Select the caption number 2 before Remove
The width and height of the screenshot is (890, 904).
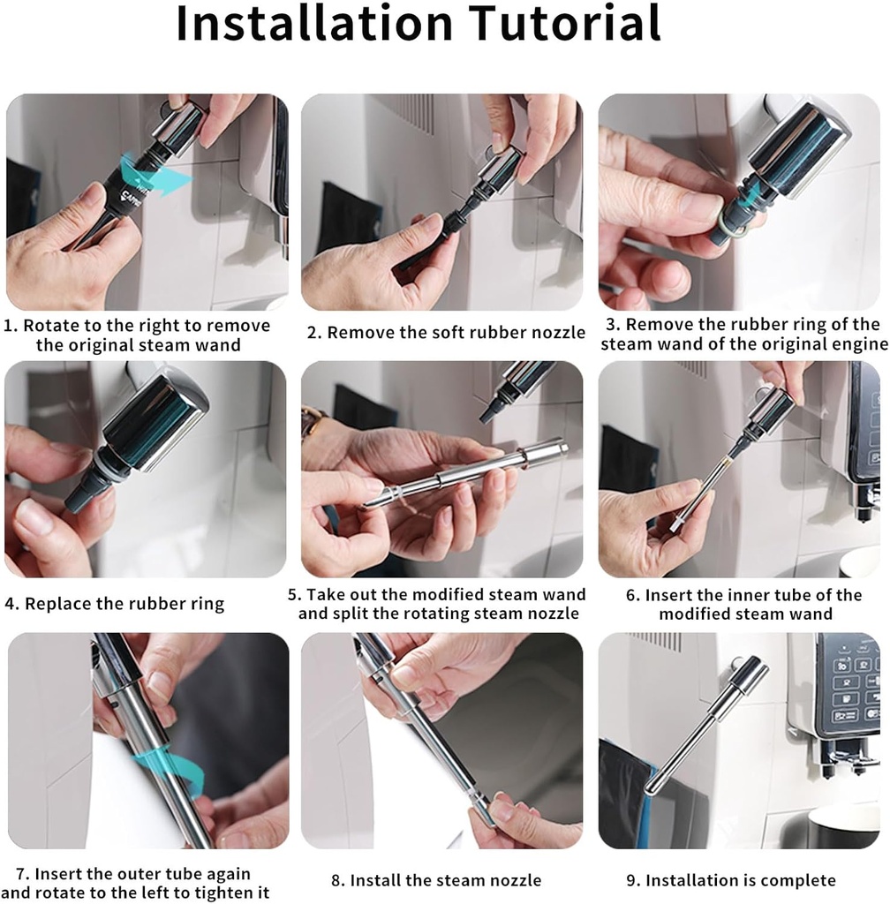click(x=313, y=333)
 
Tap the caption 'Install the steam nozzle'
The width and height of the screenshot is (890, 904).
click(x=446, y=880)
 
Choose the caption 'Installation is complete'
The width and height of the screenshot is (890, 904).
click(x=740, y=880)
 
